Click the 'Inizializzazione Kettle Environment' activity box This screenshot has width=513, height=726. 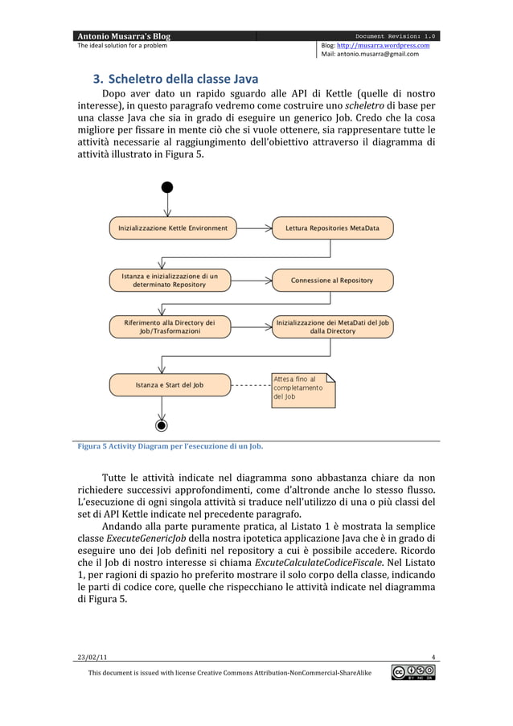[x=173, y=228]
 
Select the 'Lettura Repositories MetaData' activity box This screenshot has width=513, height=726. [x=332, y=228]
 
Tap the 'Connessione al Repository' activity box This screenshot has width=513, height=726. [x=332, y=281]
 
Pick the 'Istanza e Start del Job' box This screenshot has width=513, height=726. [x=169, y=385]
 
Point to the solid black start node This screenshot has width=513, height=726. [x=166, y=187]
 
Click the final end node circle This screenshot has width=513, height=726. [x=162, y=425]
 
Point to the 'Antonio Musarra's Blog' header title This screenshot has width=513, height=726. [x=123, y=35]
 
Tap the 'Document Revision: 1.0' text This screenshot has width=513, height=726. [x=395, y=35]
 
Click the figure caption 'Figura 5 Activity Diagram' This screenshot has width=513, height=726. [x=170, y=446]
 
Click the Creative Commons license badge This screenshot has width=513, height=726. [x=413, y=672]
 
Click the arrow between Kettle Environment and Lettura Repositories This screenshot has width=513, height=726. [x=255, y=228]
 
